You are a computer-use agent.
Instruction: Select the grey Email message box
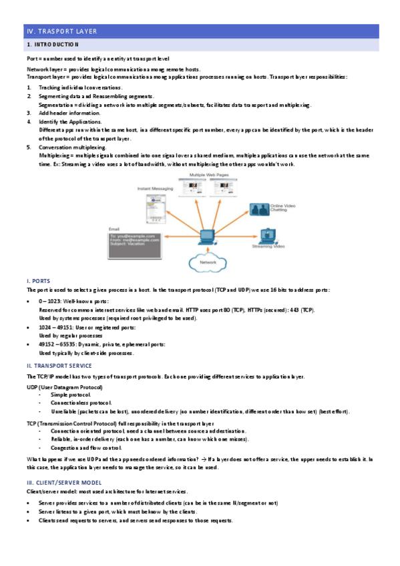(x=134, y=245)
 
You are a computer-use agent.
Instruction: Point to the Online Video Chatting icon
(x=258, y=209)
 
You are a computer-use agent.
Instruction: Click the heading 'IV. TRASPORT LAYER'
(x=61, y=31)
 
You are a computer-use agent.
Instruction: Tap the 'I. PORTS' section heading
(x=37, y=281)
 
